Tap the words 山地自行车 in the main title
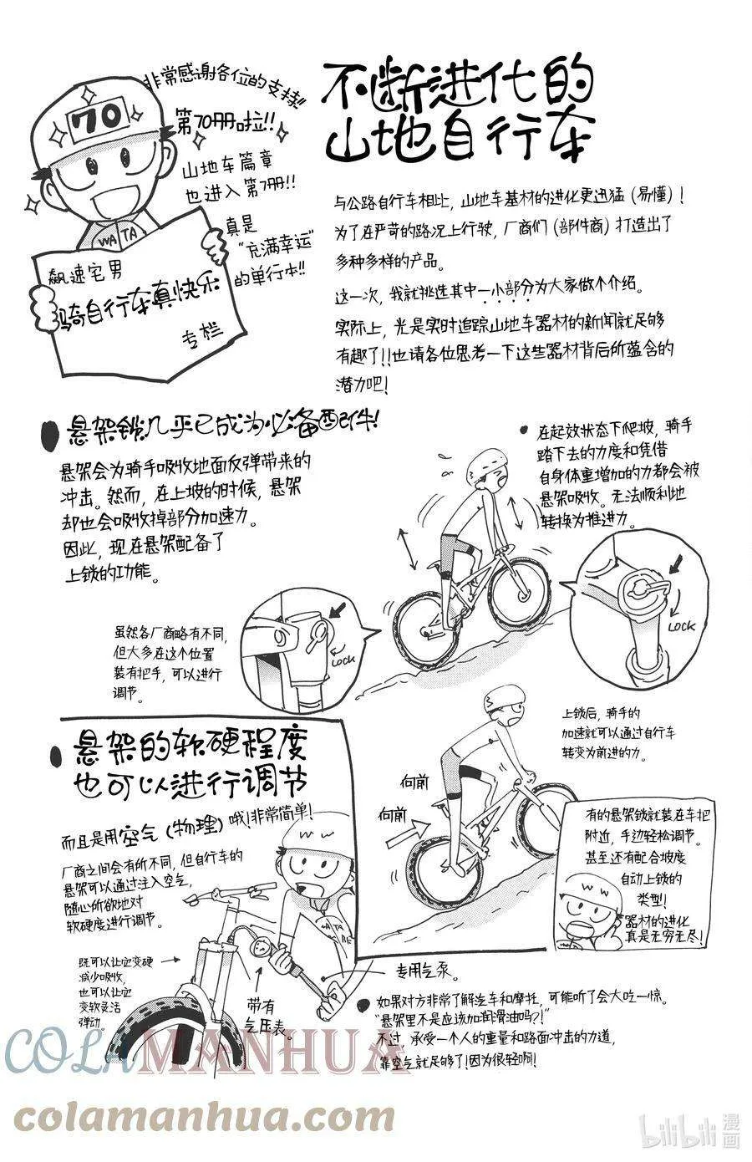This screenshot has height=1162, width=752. pos(459,136)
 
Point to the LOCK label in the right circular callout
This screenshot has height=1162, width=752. pos(682,625)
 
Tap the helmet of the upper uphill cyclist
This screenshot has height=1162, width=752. pos(484,463)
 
